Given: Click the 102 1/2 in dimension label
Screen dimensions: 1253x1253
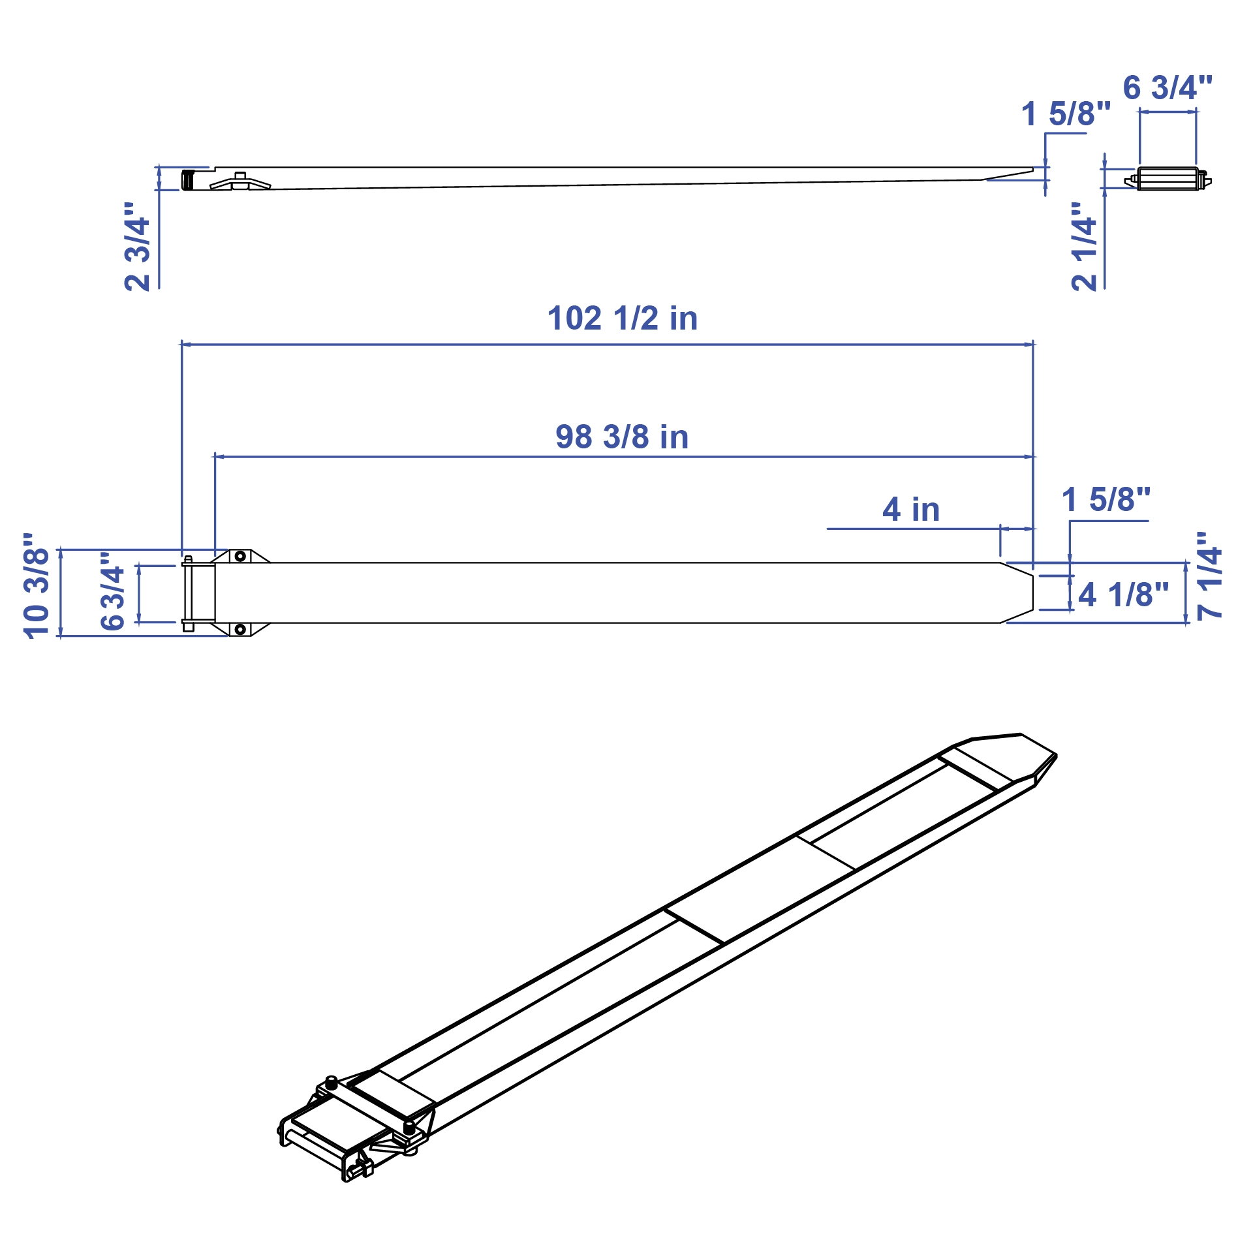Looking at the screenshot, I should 622,319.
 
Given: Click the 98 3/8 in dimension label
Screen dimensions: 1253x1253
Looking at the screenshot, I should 622,437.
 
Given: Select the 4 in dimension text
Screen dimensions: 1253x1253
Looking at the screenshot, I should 911,510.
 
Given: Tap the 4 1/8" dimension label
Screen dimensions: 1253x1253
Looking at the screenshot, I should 1123,595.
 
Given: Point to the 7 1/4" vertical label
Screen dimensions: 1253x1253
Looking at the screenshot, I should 1209,576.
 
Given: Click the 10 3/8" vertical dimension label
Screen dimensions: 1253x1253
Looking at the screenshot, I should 37,585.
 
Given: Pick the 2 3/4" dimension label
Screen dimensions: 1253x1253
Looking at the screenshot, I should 138,247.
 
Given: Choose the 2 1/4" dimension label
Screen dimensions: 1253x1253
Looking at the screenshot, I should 1085,247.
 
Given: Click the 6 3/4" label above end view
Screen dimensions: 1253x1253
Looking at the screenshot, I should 1168,88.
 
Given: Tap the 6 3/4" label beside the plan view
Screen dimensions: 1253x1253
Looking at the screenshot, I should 112,591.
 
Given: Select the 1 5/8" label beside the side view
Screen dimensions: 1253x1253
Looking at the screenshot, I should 1066,114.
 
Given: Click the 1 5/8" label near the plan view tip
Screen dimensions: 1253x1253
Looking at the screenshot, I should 1106,500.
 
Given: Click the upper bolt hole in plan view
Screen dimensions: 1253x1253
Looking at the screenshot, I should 240,556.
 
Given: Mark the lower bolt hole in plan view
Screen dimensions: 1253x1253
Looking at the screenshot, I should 240,630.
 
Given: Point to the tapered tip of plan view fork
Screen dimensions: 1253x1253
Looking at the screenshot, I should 1018,593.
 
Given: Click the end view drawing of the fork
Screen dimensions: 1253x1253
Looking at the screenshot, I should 1168,179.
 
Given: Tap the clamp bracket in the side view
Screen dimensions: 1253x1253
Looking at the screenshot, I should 240,182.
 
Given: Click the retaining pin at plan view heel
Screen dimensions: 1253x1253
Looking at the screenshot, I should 188,593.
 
